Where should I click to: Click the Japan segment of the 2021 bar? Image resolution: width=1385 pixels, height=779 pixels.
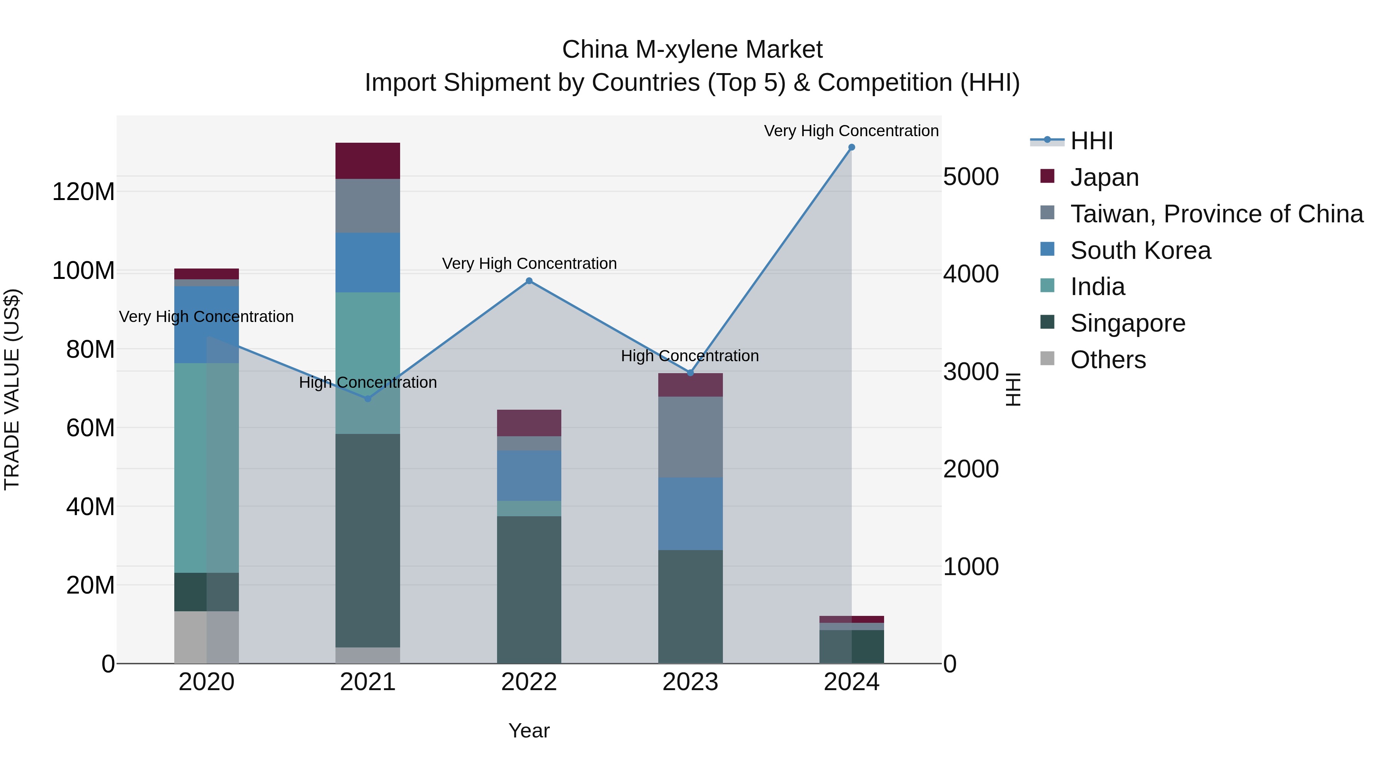pos(368,161)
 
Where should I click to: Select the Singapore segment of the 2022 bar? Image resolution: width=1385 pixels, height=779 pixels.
pos(529,589)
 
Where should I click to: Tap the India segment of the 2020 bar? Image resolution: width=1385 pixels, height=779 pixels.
pos(207,468)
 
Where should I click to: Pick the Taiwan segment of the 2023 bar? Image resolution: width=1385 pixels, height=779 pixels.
pos(690,437)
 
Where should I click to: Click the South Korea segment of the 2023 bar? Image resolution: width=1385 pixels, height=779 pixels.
pos(690,514)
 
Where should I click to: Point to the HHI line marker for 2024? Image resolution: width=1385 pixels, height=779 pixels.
pos(852,147)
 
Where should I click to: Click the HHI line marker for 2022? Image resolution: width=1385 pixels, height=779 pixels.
pos(529,281)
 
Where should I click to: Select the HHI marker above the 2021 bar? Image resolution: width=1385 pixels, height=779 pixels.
pos(368,399)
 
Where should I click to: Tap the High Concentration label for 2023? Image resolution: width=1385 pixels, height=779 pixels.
pos(690,356)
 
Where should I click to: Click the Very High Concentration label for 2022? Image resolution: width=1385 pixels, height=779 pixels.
pos(529,264)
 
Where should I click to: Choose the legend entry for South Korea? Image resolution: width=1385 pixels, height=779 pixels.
pos(1140,250)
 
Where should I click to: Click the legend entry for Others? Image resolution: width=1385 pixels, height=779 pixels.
pos(1108,360)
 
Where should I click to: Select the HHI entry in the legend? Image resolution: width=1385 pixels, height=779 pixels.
pos(1091,141)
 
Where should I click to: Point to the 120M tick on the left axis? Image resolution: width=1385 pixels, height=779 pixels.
pos(83,192)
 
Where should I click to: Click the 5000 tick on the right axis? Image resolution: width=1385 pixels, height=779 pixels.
pos(971,177)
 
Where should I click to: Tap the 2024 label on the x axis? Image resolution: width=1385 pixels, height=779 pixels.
pos(852,682)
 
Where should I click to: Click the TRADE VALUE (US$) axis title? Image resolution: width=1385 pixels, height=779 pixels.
pos(12,389)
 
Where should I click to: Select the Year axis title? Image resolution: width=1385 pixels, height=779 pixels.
pos(529,731)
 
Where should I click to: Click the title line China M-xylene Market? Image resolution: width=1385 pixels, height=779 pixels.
pos(692,50)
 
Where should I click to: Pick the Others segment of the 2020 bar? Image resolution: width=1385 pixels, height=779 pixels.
pos(207,637)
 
